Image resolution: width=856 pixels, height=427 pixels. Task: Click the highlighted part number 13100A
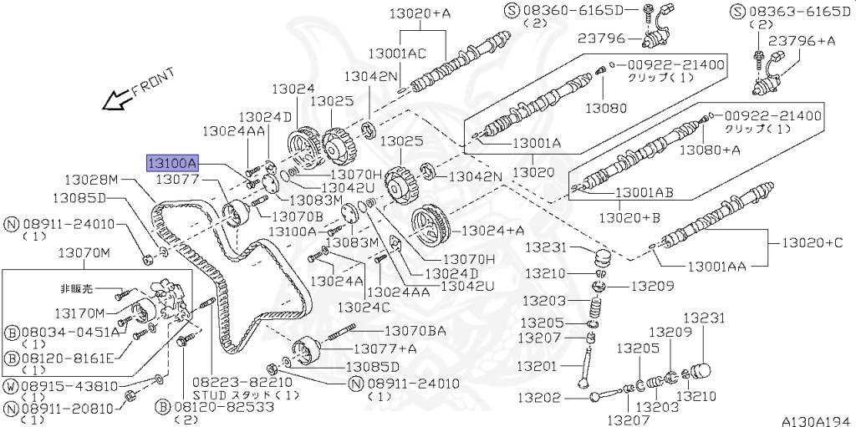pos(172,162)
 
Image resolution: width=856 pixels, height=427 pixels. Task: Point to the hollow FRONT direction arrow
pos(114,100)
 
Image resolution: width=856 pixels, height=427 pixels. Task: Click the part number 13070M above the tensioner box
pos(83,253)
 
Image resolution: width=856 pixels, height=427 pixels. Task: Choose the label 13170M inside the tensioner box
pos(80,313)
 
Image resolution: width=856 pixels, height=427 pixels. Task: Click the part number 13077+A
pos(385,348)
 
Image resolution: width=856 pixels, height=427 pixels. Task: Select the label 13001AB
pos(645,191)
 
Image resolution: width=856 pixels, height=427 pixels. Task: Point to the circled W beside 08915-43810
pos(11,387)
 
